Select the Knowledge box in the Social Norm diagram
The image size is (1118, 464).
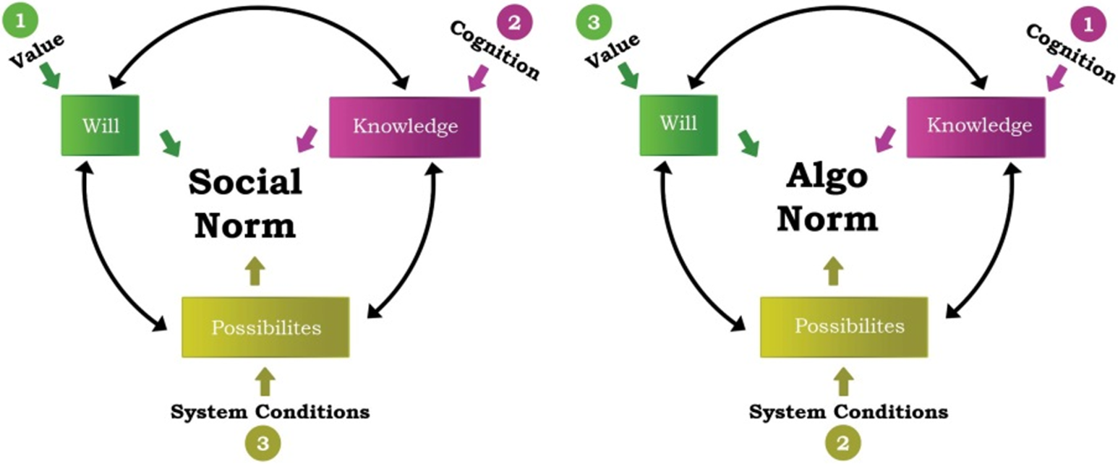(x=404, y=126)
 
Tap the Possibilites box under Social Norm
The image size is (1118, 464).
(x=265, y=327)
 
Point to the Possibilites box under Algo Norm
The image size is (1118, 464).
(x=844, y=327)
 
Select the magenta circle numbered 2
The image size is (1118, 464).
(x=514, y=22)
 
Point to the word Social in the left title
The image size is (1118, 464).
(x=245, y=183)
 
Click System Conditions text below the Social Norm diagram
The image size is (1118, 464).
(x=270, y=412)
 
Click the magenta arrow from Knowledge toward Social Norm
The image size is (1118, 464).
(x=306, y=139)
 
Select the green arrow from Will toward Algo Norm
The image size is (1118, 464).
(x=748, y=143)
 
